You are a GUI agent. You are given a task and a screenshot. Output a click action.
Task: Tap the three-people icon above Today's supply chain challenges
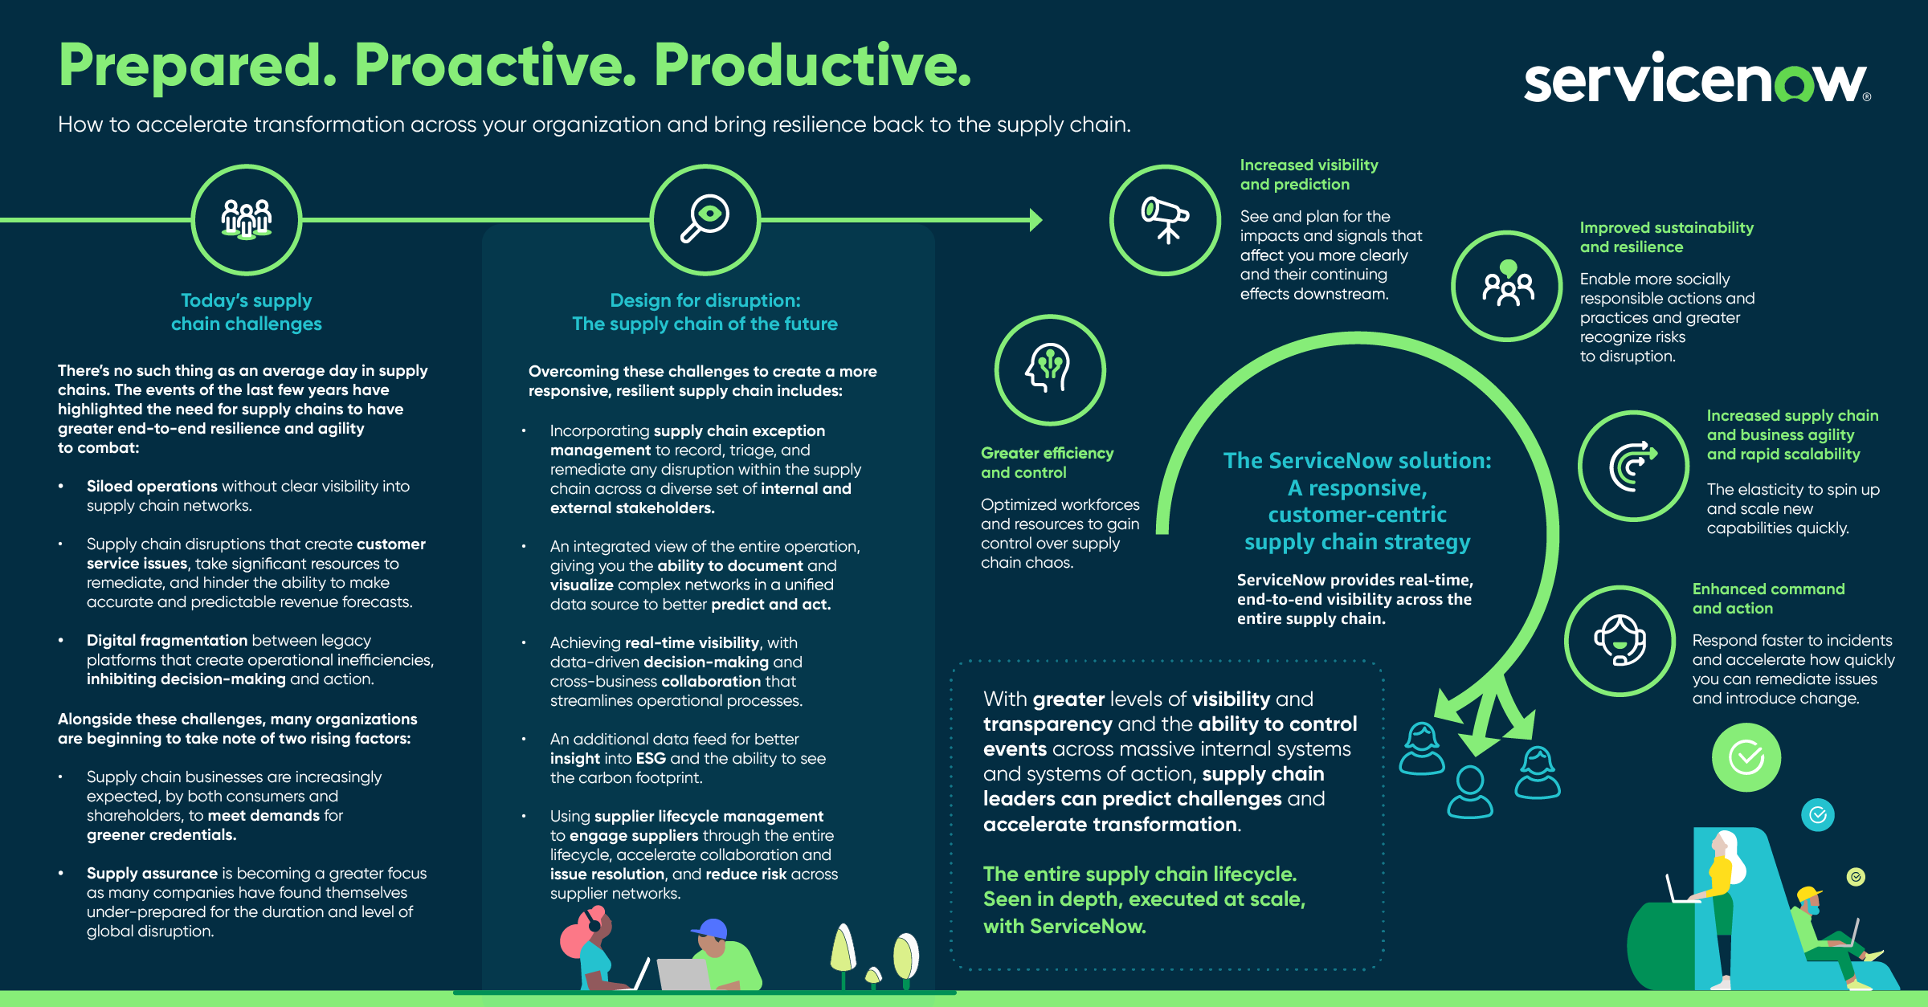click(247, 219)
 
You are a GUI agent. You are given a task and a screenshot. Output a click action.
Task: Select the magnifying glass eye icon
click(705, 219)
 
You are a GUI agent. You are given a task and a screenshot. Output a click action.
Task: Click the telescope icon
click(1165, 219)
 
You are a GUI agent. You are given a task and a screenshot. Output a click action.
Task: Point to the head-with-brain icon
click(1049, 369)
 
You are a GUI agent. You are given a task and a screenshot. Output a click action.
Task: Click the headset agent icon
click(1620, 640)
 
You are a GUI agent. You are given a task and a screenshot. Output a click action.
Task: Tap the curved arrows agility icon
click(1632, 466)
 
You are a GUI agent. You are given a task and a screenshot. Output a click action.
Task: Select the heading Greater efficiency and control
click(1046, 463)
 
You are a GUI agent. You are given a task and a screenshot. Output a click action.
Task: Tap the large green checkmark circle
click(1746, 757)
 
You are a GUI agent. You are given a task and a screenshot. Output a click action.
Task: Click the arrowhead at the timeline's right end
click(1035, 219)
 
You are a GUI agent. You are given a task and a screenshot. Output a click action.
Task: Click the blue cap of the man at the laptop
click(710, 929)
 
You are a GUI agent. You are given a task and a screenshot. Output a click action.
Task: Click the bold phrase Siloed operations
click(152, 486)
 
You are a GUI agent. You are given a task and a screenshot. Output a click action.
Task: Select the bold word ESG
click(651, 758)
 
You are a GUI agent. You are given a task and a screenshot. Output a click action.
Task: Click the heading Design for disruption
click(705, 300)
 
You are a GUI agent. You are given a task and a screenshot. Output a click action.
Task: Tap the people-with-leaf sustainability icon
click(1507, 286)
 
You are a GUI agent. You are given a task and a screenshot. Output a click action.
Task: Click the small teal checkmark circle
click(1818, 815)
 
